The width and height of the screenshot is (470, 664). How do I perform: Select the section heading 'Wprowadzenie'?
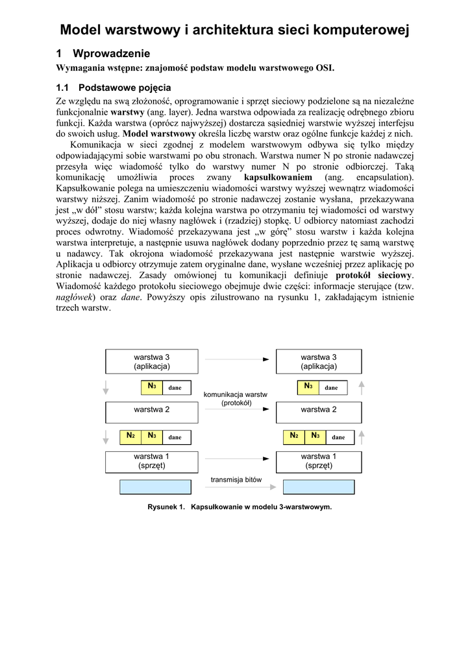112,53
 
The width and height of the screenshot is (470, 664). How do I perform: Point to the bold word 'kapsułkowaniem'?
278,177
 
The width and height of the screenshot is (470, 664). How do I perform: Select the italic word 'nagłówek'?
75,297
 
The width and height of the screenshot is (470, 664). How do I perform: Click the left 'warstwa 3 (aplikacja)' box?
151,362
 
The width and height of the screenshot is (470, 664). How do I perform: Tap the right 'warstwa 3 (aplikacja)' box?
319,362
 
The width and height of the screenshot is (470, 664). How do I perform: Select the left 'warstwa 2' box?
151,410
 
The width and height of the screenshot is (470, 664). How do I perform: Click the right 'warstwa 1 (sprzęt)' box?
319,461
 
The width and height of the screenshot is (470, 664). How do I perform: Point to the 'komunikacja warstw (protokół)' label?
236,399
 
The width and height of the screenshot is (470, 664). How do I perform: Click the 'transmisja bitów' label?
236,480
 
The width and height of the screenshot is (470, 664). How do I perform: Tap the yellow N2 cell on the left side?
130,436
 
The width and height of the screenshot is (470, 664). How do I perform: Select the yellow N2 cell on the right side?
294,436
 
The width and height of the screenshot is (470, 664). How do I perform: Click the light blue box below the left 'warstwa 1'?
156,487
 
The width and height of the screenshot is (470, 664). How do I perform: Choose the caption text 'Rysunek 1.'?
167,506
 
